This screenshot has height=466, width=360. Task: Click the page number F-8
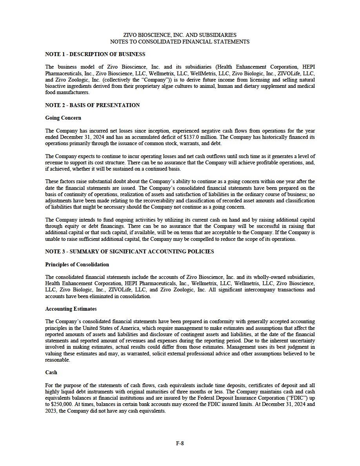(180, 444)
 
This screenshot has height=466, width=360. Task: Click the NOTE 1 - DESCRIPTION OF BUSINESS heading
(95, 54)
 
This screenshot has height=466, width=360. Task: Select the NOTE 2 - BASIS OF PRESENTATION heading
(93, 105)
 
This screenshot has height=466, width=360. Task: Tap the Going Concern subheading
(63, 118)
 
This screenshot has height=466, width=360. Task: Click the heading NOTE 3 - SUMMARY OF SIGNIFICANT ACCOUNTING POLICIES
(129, 251)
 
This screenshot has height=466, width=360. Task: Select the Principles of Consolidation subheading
(77, 264)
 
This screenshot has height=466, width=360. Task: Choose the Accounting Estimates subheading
(71, 309)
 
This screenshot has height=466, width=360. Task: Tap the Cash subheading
(51, 372)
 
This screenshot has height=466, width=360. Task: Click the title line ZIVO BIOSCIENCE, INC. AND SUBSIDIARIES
(180, 35)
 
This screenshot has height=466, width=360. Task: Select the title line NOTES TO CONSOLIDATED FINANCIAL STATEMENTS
(180, 42)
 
